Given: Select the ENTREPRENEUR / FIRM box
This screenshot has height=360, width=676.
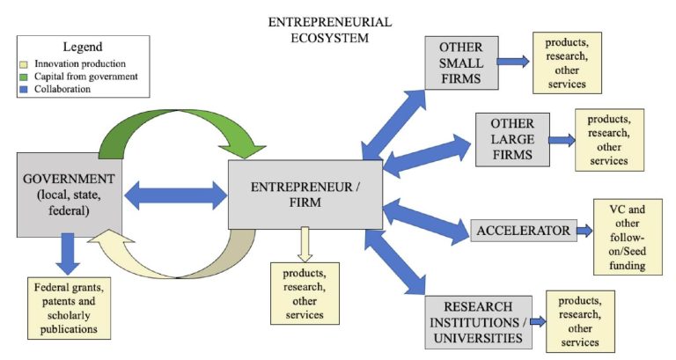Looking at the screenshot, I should [305, 194].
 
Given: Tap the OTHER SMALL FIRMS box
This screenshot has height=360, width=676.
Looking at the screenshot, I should [460, 62].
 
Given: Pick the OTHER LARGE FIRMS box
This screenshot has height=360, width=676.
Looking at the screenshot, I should [511, 139].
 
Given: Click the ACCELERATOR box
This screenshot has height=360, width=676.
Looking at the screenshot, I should [523, 231].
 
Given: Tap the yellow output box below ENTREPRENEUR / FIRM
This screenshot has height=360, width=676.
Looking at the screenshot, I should [305, 292].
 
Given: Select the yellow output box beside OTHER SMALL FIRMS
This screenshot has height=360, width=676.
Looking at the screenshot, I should [566, 62].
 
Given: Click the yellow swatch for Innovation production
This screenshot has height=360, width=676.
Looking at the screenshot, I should [26, 64].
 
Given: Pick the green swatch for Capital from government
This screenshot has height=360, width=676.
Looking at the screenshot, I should [26, 77].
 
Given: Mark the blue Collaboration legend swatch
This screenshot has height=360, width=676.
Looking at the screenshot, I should [26, 89].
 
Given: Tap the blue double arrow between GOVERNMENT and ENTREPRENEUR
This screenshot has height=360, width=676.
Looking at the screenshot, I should [177, 191].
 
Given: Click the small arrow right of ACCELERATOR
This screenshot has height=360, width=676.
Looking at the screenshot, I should [586, 231].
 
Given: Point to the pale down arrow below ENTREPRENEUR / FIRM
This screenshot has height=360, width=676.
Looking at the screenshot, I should [305, 244].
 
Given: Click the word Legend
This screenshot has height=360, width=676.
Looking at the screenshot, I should [83, 46].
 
